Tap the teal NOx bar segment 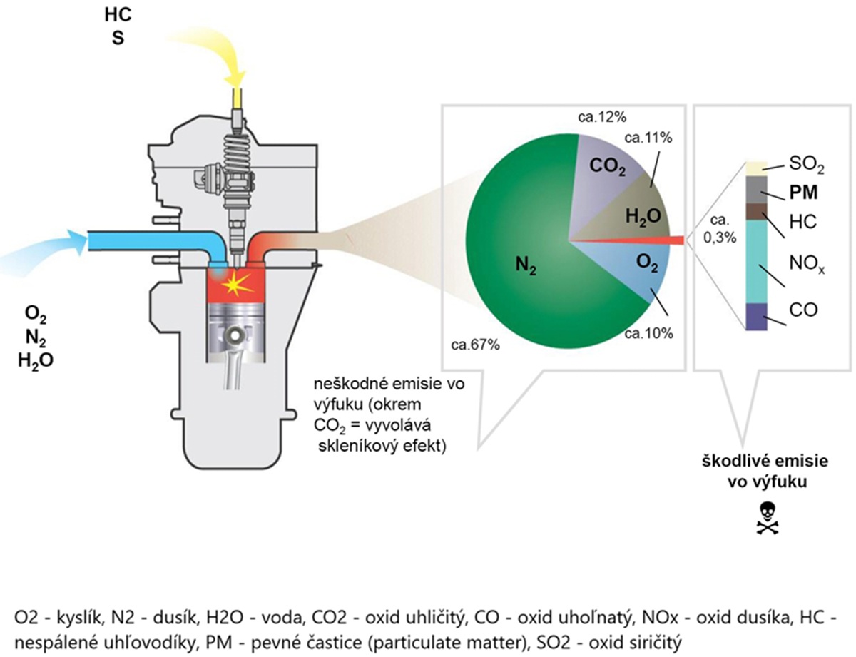pos(756,261)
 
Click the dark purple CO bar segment pos(756,316)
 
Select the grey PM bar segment pos(756,190)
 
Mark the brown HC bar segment pos(756,212)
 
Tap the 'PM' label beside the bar pos(804,193)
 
